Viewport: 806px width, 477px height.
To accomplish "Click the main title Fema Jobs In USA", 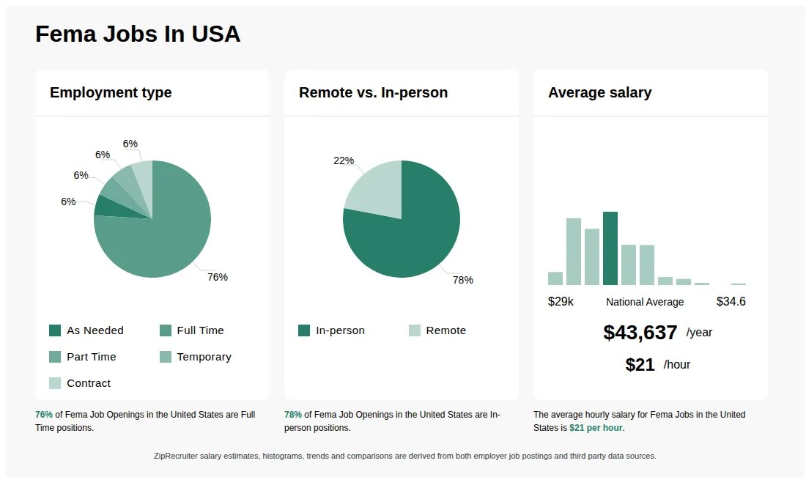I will pyautogui.click(x=138, y=34).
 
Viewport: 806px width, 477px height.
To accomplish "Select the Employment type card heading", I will pyautogui.click(x=111, y=93).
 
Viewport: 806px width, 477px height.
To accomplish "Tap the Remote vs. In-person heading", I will pyautogui.click(x=373, y=93).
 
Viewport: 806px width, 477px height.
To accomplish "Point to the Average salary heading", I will pyautogui.click(x=599, y=93).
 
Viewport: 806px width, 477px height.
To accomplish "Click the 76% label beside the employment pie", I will pyautogui.click(x=218, y=277).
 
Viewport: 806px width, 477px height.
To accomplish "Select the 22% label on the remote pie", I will pyautogui.click(x=344, y=160).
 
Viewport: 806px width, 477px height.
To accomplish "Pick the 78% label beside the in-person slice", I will pyautogui.click(x=462, y=280).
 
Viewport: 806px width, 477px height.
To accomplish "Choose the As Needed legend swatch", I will pyautogui.click(x=55, y=330).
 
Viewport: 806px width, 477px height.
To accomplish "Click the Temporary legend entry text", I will pyautogui.click(x=204, y=357).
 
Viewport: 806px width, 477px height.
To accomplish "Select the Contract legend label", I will pyautogui.click(x=89, y=383).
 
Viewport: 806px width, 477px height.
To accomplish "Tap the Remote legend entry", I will pyautogui.click(x=445, y=330).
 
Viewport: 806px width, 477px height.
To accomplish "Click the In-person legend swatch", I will pyautogui.click(x=304, y=330).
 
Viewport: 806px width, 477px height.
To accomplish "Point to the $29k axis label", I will pyautogui.click(x=561, y=302).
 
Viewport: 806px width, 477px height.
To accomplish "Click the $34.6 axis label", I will pyautogui.click(x=731, y=302).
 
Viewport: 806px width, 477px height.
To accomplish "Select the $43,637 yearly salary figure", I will pyautogui.click(x=640, y=333).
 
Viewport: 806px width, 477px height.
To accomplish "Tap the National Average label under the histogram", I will pyautogui.click(x=645, y=302).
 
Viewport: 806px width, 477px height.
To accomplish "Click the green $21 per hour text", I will pyautogui.click(x=596, y=428).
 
